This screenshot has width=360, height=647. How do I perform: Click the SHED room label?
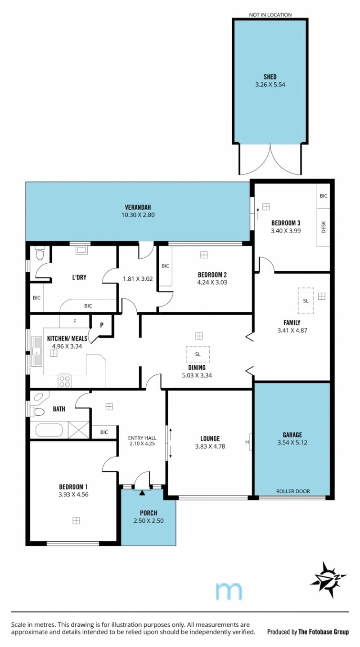pyautogui.click(x=270, y=77)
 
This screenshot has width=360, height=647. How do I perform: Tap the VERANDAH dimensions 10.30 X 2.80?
pyautogui.click(x=138, y=215)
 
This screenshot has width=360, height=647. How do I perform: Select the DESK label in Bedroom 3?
pyautogui.click(x=323, y=227)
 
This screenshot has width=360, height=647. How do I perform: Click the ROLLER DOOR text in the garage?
pyautogui.click(x=293, y=491)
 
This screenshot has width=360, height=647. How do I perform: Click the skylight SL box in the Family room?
pyautogui.click(x=306, y=301)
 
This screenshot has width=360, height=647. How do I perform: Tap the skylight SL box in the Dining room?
pyautogui.click(x=198, y=354)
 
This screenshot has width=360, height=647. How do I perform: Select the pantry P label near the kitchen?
pyautogui.click(x=102, y=325)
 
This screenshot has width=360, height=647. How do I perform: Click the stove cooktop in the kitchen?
pyautogui.click(x=64, y=381)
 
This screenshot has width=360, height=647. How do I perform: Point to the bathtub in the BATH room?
pyautogui.click(x=49, y=430)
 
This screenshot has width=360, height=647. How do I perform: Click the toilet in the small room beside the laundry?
pyautogui.click(x=39, y=254)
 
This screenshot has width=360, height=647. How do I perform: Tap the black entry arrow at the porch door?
pyautogui.click(x=142, y=493)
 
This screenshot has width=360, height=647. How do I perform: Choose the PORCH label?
pyautogui.click(x=148, y=513)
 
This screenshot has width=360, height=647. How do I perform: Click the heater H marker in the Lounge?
pyautogui.click(x=247, y=442)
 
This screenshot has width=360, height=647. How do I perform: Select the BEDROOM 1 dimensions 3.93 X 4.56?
pyautogui.click(x=73, y=494)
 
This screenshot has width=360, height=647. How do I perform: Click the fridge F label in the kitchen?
pyautogui.click(x=75, y=321)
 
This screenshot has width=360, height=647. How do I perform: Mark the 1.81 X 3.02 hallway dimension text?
pyautogui.click(x=138, y=279)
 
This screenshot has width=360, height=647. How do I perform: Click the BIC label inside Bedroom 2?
pyautogui.click(x=165, y=266)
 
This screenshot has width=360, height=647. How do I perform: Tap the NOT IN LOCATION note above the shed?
pyautogui.click(x=270, y=15)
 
